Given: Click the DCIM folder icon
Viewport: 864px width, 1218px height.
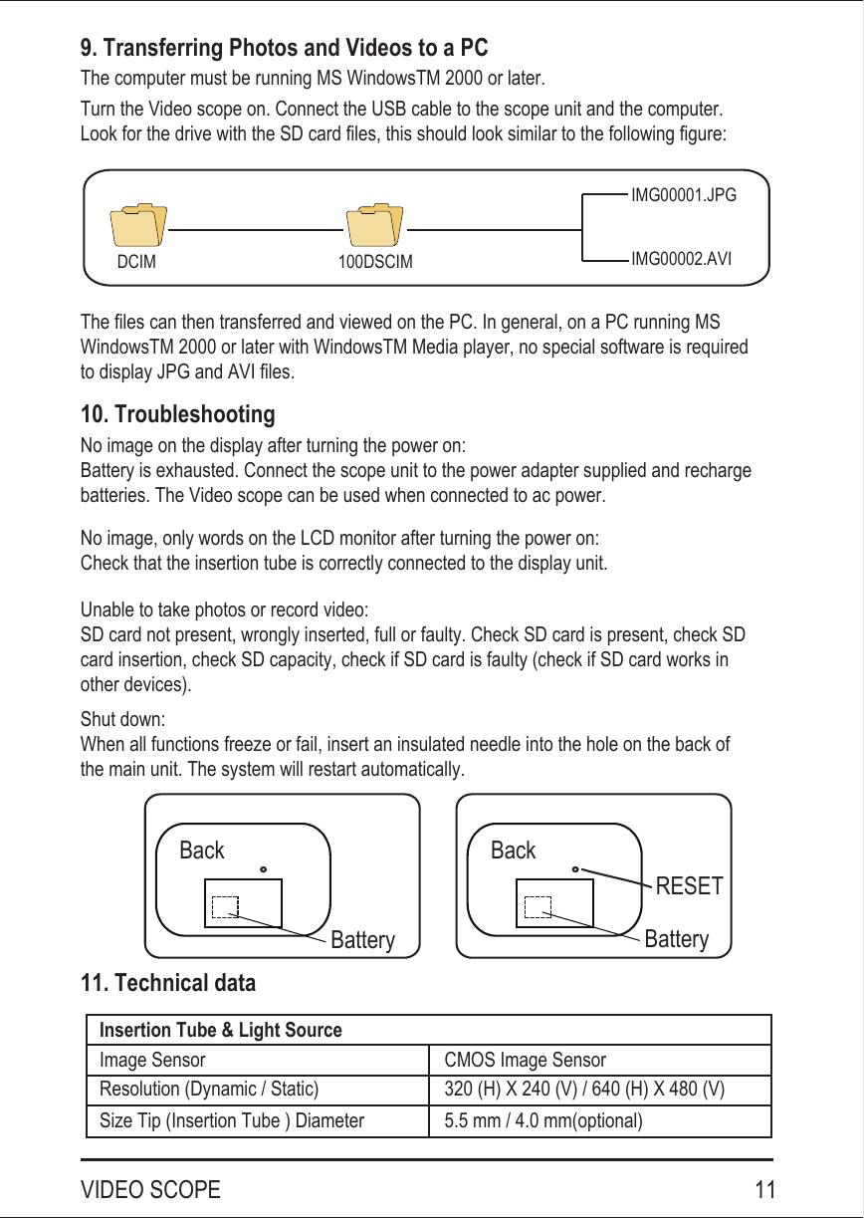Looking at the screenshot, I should [x=138, y=226].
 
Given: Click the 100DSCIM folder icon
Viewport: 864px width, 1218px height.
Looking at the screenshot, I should [x=374, y=226].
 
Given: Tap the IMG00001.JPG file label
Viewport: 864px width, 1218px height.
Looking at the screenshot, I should [x=684, y=196].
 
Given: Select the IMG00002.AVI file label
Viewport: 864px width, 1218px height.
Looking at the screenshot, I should [x=682, y=259].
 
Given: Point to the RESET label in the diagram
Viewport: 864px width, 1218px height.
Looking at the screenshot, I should [x=689, y=886].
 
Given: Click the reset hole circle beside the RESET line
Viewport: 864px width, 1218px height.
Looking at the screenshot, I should [x=576, y=868].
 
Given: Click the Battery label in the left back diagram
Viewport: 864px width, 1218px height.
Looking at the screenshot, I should [x=362, y=940].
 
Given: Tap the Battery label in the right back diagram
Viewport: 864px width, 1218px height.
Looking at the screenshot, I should [x=677, y=939].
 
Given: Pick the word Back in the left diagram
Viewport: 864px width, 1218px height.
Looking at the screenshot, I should [x=202, y=851].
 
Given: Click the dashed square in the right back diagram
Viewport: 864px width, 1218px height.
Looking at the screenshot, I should [x=538, y=906].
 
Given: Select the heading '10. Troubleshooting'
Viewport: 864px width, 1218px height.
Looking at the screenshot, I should [x=177, y=414].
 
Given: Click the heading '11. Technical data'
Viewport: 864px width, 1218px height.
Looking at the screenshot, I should [x=167, y=984].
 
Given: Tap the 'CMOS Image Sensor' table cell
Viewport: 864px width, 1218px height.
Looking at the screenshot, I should [x=525, y=1060].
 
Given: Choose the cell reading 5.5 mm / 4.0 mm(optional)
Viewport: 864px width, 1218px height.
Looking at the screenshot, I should [x=543, y=1121].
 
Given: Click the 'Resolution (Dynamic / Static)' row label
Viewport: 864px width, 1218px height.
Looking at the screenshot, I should [x=209, y=1090].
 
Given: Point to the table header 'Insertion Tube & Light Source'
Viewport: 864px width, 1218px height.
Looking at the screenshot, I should [x=220, y=1030].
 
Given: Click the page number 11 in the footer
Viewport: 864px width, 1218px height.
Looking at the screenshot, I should [x=764, y=1190].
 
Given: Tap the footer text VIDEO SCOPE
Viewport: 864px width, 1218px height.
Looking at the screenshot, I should [x=150, y=1190].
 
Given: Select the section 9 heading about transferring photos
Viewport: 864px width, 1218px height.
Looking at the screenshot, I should [x=284, y=48].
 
